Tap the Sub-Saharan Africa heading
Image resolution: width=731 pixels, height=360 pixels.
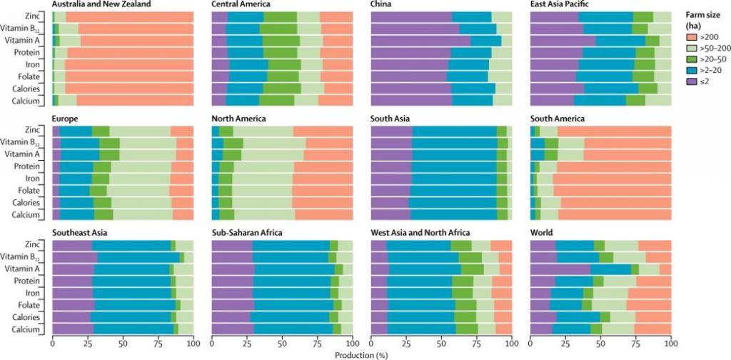pos(247,233)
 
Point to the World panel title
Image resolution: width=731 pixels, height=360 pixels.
pos(542,233)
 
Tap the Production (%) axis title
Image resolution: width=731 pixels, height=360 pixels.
pos(361,354)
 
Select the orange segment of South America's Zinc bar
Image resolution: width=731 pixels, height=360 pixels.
pos(614,131)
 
